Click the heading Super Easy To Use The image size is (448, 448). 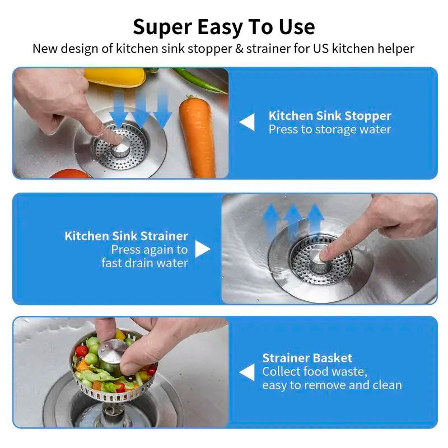(x=223, y=26)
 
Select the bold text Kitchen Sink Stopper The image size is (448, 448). (x=330, y=116)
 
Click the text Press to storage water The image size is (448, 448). (x=329, y=129)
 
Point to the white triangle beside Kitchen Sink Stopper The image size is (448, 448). (x=247, y=122)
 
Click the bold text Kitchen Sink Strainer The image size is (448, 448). (x=126, y=236)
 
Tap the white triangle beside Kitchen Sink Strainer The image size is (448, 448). (x=202, y=249)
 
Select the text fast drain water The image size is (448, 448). (x=144, y=263)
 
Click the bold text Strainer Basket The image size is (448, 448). (x=307, y=358)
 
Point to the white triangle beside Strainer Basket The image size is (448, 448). (x=247, y=372)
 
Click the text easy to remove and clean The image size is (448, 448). (x=332, y=385)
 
